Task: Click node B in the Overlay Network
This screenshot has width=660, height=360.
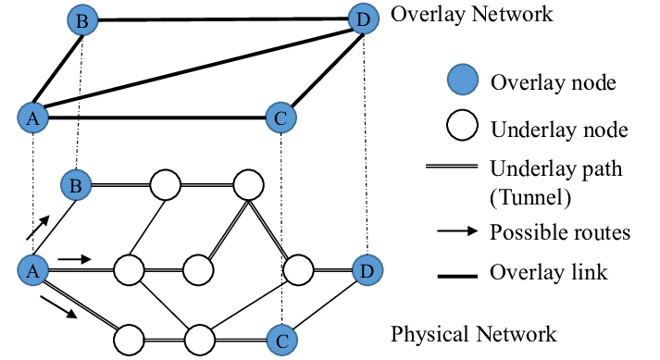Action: [83, 19]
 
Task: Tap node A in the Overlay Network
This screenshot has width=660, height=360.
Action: [31, 118]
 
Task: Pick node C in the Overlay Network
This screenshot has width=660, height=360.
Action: [280, 118]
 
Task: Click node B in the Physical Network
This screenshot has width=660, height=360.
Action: [76, 185]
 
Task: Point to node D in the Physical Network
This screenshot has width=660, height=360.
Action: [366, 270]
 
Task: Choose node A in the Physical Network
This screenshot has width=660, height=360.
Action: [31, 270]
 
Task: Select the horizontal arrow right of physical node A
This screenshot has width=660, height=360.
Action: [74, 259]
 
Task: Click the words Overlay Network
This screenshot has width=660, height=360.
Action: [472, 15]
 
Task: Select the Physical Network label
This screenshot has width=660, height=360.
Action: [474, 333]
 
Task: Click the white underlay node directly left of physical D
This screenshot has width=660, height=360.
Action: [299, 270]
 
